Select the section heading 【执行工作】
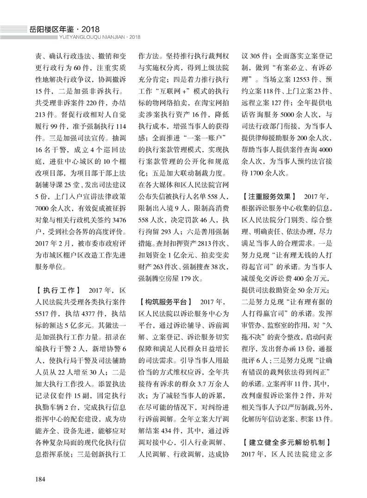(x=58, y=291)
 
